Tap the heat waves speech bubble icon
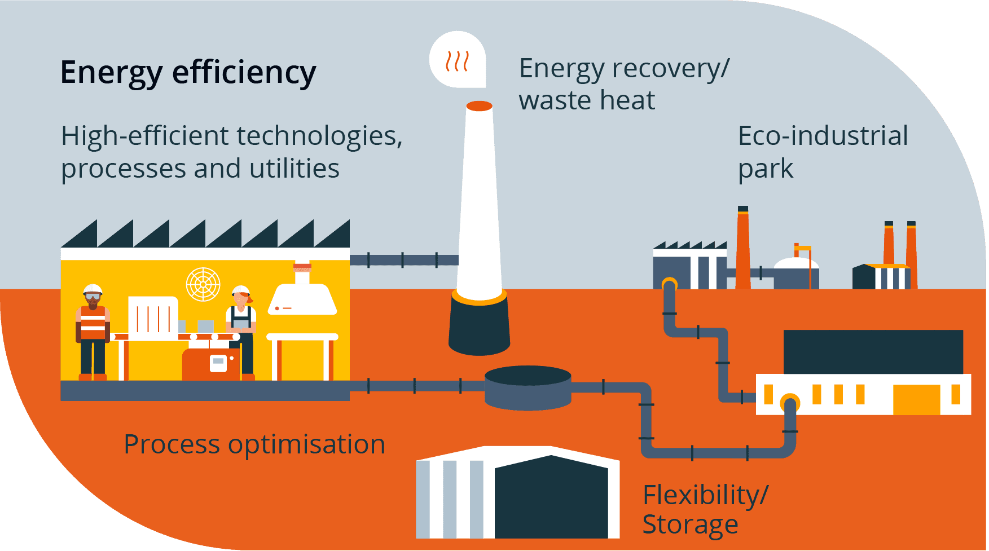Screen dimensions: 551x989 click(x=458, y=60)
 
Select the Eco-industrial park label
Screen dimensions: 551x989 click(x=822, y=152)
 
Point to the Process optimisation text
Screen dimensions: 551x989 click(x=254, y=444)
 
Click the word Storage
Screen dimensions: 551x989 click(x=689, y=524)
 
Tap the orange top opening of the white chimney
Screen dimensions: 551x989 click(x=479, y=106)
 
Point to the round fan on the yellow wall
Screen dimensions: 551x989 click(x=203, y=284)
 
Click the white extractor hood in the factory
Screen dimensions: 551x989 click(x=302, y=298)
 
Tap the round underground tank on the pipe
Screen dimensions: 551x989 click(x=528, y=387)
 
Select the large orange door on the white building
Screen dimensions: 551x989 click(x=916, y=399)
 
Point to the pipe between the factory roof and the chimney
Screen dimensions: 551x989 click(x=403, y=260)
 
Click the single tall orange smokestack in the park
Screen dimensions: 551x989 click(x=743, y=251)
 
